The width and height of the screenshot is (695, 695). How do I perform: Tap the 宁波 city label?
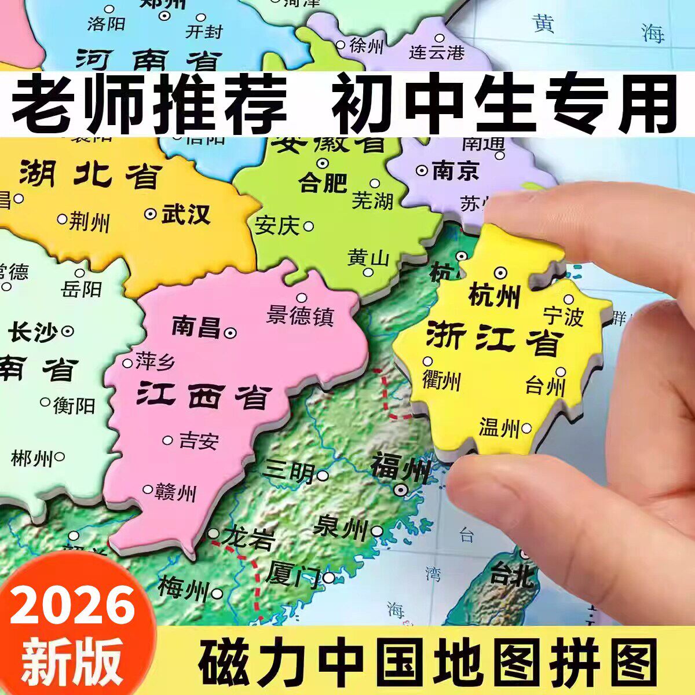pyautogui.click(x=562, y=317)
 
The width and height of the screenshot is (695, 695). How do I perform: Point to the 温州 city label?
pyautogui.click(x=499, y=429)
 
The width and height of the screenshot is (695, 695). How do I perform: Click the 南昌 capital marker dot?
pyautogui.click(x=231, y=332)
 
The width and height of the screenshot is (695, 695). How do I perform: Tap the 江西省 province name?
pyautogui.click(x=204, y=397)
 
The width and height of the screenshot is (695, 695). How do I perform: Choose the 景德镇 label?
pyautogui.click(x=300, y=316)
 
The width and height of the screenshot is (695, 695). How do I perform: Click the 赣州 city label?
pyautogui.click(x=175, y=492)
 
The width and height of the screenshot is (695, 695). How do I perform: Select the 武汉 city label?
pyautogui.click(x=185, y=214)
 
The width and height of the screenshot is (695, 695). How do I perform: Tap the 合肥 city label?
pyautogui.click(x=323, y=184)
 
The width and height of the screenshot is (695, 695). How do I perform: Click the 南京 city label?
pyautogui.click(x=455, y=171)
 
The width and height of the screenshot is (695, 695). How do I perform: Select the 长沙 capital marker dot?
pyautogui.click(x=68, y=331)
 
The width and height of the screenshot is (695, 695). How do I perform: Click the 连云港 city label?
pyautogui.click(x=437, y=52)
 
